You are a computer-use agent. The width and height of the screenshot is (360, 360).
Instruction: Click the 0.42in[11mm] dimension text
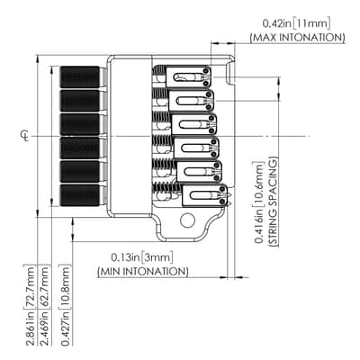pyautogui.click(x=296, y=23)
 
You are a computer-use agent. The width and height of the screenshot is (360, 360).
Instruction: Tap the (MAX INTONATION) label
pyautogui.click(x=297, y=38)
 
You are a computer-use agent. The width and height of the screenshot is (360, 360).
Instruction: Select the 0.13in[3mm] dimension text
pyautogui.click(x=142, y=257)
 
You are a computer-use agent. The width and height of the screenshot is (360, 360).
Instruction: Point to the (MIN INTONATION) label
pyautogui.click(x=143, y=272)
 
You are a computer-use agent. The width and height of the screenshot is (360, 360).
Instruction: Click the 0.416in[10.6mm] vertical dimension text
pyautogui.click(x=259, y=202)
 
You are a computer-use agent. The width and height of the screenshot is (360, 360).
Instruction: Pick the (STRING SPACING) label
pyautogui.click(x=274, y=202)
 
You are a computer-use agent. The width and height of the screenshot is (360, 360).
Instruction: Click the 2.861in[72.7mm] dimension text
pyautogui.click(x=30, y=305)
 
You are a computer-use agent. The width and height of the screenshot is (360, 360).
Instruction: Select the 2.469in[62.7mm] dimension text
pyautogui.click(x=44, y=305)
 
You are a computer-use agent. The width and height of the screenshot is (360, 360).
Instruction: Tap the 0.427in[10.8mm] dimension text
pyautogui.click(x=66, y=305)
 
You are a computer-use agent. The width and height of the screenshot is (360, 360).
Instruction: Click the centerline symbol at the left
pyautogui.click(x=26, y=136)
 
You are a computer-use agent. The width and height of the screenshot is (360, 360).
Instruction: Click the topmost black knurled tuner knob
pyautogui.click(x=80, y=76)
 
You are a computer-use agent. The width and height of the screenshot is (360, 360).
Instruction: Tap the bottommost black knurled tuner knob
pyautogui.click(x=80, y=195)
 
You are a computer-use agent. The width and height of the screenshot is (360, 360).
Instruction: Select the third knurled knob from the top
pyautogui.click(x=80, y=124)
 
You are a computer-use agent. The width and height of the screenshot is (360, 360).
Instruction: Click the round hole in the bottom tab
pyautogui.click(x=187, y=220)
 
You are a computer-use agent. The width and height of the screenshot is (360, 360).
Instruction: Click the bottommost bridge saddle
pyautogui.click(x=205, y=195)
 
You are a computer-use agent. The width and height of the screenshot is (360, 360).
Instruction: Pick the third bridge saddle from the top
pyautogui.click(x=194, y=124)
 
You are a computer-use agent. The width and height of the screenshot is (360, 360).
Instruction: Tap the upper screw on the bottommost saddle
pyautogui.click(x=222, y=189)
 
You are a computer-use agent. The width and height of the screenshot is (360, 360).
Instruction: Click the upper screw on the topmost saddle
pyautogui.click(x=206, y=71)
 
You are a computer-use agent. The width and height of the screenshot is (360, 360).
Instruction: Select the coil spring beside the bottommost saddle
pyautogui.click(x=167, y=188)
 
